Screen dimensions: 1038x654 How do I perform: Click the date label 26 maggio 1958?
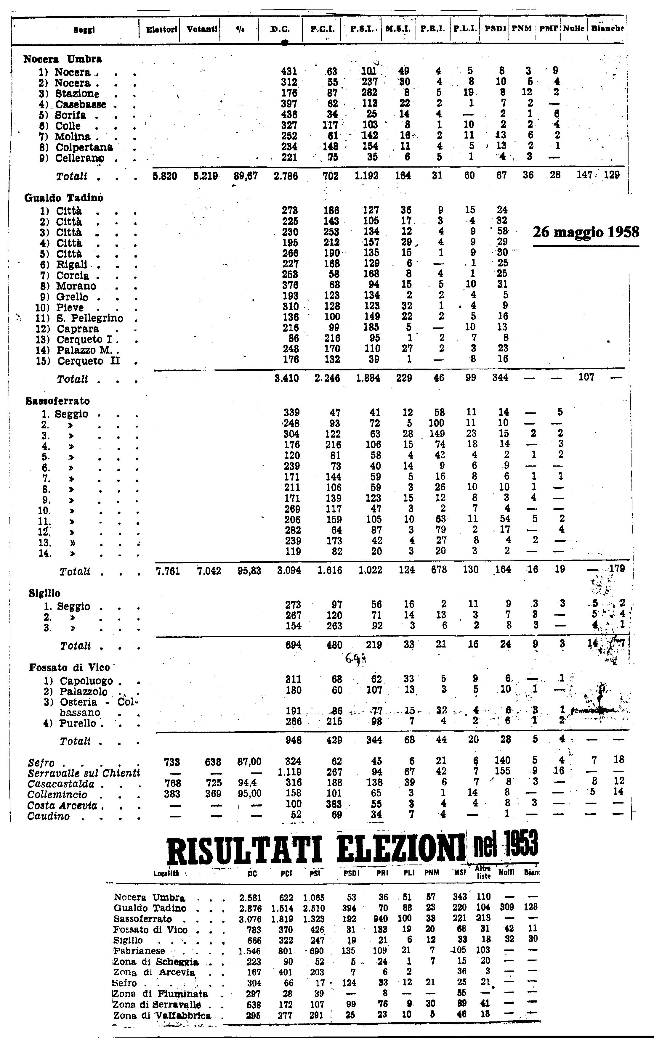coord(586,233)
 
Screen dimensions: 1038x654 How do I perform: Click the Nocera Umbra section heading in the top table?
coord(62,59)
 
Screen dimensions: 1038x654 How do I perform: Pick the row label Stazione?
coord(77,94)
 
